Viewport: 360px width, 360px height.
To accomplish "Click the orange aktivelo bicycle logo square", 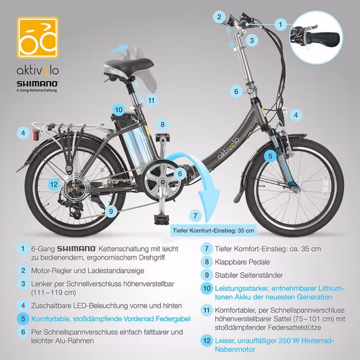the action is [37, 37].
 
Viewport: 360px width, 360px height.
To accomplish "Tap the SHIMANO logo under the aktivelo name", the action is [37, 84].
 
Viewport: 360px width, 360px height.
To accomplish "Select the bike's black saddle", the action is [128, 65].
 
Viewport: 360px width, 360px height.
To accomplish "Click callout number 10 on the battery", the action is [118, 109].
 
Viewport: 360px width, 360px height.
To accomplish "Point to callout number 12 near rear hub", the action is [54, 184].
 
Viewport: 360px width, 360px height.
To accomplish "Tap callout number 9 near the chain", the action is [111, 211].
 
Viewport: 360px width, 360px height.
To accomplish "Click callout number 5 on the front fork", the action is [270, 156].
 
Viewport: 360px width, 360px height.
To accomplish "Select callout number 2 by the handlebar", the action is [219, 17].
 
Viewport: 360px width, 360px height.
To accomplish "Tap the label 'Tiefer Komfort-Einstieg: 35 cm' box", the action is [213, 231].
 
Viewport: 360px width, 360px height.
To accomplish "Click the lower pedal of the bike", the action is [162, 218].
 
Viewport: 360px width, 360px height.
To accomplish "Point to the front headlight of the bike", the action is [284, 114].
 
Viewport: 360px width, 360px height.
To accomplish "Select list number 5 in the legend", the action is [23, 318].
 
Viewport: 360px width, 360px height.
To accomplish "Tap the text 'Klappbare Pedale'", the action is [242, 262].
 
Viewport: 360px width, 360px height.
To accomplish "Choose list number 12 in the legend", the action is [207, 341].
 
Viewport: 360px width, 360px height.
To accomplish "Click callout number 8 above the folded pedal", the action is [163, 125].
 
